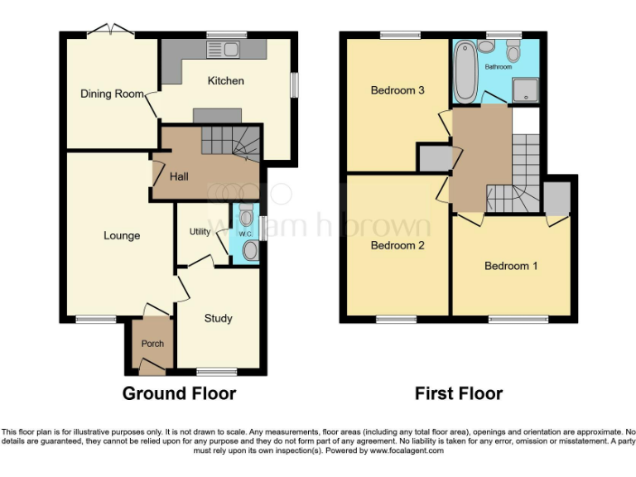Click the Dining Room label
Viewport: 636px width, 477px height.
coord(112,94)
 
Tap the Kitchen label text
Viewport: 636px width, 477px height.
coord(225,81)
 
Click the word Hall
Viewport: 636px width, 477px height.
coord(179,177)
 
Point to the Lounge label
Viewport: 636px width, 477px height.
coord(122,236)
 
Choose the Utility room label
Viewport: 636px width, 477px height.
coord(200,232)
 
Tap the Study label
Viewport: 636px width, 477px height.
coord(219,318)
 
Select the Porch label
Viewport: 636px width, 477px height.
coord(152,344)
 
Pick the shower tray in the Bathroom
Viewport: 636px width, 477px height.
coord(523,90)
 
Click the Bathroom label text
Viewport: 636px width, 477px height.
coord(498,66)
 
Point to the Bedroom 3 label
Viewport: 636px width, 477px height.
coord(397,90)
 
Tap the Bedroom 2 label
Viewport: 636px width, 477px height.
coord(397,246)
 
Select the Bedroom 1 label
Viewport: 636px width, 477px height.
coord(511,266)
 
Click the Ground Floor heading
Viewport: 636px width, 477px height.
coord(179,393)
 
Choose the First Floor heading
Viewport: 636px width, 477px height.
coord(459,393)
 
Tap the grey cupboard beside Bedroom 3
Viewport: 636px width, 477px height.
coord(431,157)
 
